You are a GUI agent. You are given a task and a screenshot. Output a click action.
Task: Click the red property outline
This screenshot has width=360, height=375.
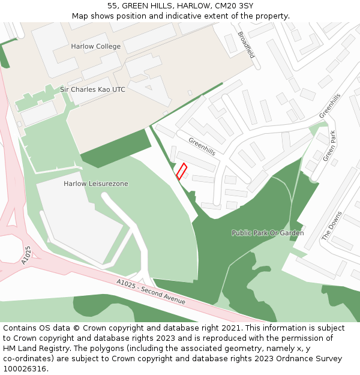pos(181,171)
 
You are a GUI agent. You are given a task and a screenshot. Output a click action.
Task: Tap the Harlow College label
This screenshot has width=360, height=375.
pos(95,46)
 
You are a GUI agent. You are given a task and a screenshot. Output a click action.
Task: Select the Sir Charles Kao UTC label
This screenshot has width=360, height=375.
pos(92,89)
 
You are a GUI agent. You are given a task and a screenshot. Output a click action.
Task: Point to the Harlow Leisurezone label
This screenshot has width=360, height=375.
pos(95,184)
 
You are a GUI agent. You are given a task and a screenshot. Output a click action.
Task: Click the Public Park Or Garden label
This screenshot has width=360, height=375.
pos(268,233)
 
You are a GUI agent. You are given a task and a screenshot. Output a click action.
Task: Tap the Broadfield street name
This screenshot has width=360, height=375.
pos(246,45)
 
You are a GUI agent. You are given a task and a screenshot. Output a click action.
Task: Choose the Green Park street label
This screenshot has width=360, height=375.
pos(329,146)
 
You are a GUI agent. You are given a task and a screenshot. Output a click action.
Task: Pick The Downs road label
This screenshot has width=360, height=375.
pos(331,226)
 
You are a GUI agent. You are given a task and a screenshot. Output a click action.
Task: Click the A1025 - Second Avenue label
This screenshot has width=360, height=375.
pos(151,292)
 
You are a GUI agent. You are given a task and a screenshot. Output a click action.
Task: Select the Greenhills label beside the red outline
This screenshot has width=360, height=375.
pos(202,146)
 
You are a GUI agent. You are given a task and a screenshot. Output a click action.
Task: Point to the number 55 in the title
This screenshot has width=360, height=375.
pos(112,5)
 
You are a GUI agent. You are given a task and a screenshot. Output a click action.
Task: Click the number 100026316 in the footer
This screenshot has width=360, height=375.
pos(25,369)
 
